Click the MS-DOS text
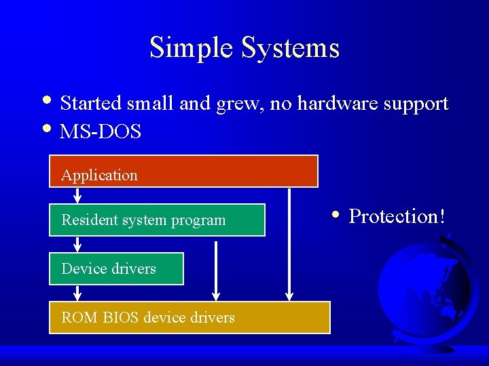tap(101, 131)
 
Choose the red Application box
tap(183, 171)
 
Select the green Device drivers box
tap(116, 268)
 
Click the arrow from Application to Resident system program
tap(77, 195)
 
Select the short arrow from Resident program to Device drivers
tap(77, 244)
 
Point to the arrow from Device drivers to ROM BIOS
tap(77, 293)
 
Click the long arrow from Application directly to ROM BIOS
tap(289, 244)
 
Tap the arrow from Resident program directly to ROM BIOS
tap(216, 268)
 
